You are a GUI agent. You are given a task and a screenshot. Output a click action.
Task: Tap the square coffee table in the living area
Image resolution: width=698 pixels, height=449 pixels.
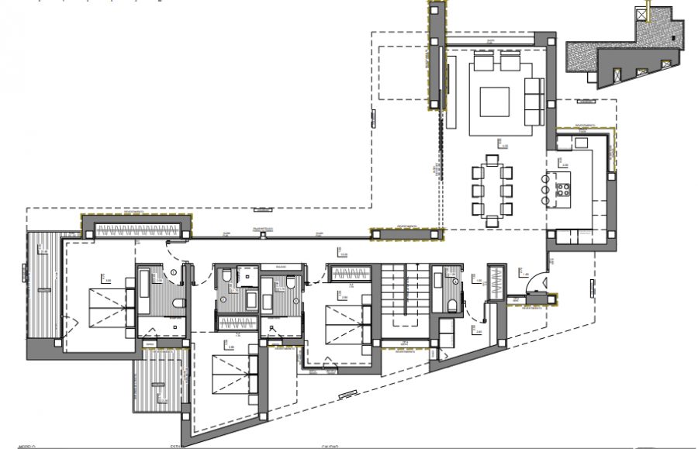tap(494, 102)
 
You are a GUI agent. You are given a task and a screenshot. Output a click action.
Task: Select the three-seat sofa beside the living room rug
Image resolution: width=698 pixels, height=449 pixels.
tap(534, 102)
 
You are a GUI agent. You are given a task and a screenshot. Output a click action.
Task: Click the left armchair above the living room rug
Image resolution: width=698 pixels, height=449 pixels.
tap(482, 61)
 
